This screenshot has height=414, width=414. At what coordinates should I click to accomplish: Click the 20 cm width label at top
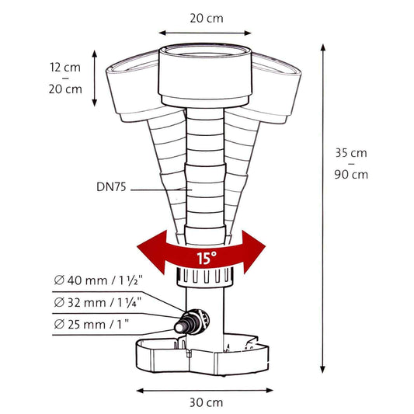point(205,16)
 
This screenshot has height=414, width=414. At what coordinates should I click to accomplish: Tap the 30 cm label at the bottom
point(204,402)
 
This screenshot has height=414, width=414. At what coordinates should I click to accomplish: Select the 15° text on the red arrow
point(204,259)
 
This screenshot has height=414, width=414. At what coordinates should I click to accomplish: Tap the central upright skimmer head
point(206,75)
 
